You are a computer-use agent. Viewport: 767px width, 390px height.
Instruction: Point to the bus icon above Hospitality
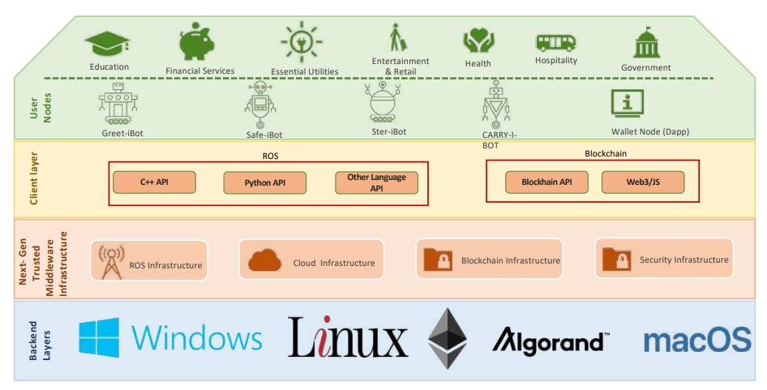click(555, 42)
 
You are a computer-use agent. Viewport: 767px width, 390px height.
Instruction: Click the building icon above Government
click(646, 43)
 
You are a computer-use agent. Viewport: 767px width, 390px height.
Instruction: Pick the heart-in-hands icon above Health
click(478, 41)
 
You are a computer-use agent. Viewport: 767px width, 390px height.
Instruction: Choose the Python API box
click(264, 183)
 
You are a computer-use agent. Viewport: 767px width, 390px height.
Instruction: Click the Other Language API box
click(376, 183)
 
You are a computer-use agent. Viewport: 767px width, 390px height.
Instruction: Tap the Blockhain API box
click(546, 182)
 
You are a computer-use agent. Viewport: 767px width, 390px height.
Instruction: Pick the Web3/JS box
click(642, 182)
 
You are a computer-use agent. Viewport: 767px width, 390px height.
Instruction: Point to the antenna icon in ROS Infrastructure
click(111, 260)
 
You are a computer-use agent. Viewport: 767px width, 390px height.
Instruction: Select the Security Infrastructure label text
click(683, 260)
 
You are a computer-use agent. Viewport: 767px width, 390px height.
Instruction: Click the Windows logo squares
click(99, 337)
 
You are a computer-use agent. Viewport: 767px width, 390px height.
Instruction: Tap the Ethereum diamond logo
click(448, 338)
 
